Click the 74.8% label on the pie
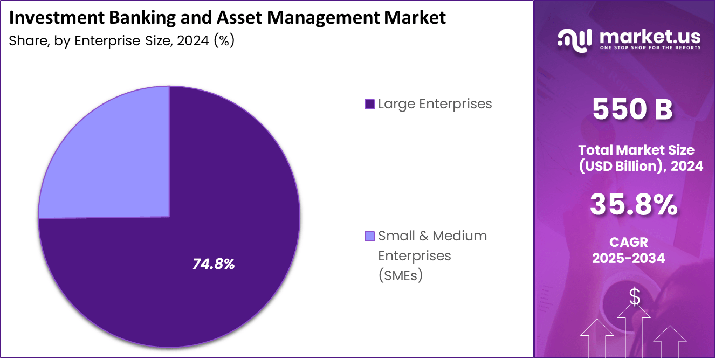pyautogui.click(x=214, y=264)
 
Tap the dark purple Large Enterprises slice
pyautogui.click(x=216, y=216)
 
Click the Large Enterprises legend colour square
pyautogui.click(x=369, y=104)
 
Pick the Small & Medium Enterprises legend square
pyautogui.click(x=369, y=236)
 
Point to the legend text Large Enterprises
pyautogui.click(x=435, y=103)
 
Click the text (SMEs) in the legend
pyautogui.click(x=400, y=275)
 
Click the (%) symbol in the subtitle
pyautogui.click(x=224, y=41)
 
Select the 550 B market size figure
pyautogui.click(x=632, y=109)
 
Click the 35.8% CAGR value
pyautogui.click(x=634, y=205)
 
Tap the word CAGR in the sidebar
pyautogui.click(x=629, y=243)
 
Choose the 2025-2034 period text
pyautogui.click(x=629, y=258)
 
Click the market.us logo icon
pyautogui.click(x=575, y=40)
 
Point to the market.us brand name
pyautogui.click(x=650, y=36)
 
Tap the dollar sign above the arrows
pyautogui.click(x=635, y=297)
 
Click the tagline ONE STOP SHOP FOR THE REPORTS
pyautogui.click(x=650, y=48)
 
